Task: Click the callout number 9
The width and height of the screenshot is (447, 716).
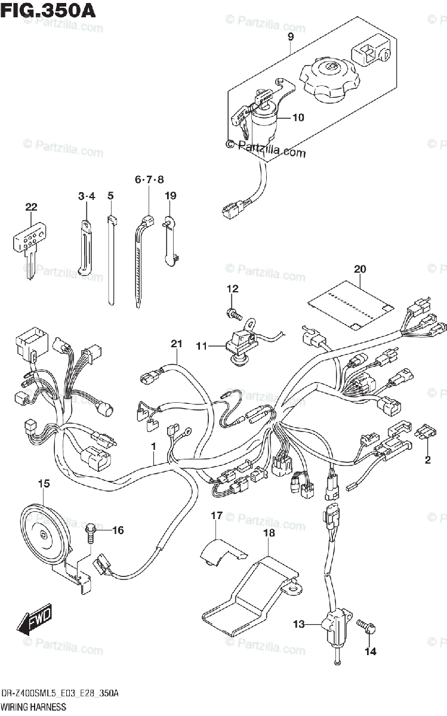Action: click(x=290, y=37)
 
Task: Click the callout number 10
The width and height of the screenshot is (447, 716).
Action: click(x=298, y=118)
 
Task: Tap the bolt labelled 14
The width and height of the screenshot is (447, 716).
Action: click(x=366, y=626)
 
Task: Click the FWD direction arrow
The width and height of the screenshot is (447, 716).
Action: click(x=35, y=621)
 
